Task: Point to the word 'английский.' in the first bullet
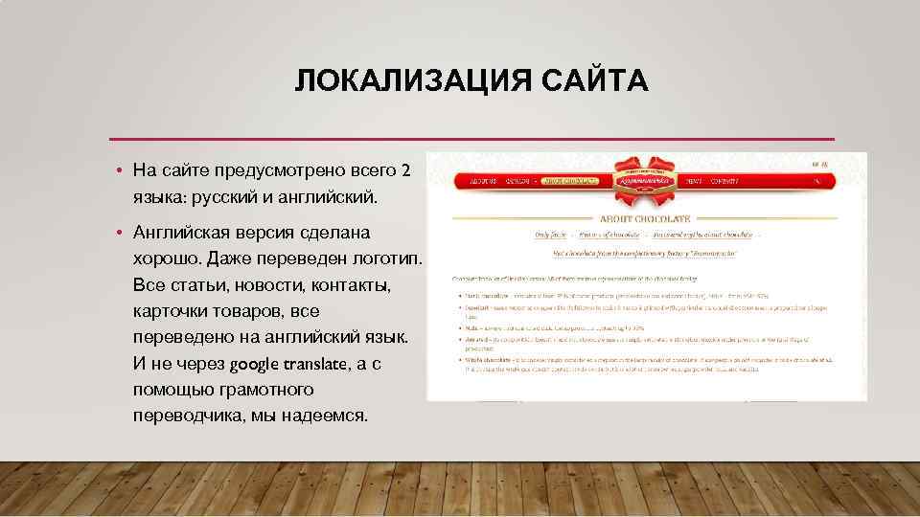(329, 197)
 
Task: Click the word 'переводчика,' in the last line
(191, 416)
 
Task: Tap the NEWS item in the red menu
(694, 181)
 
